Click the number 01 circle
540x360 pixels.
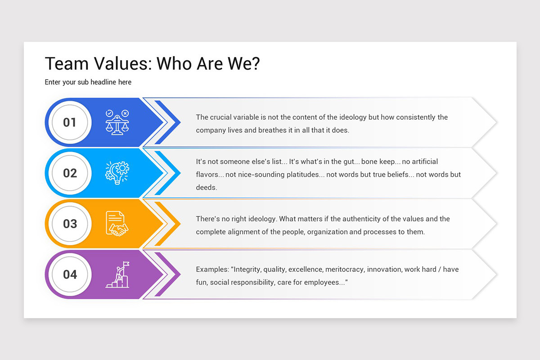coord(70,122)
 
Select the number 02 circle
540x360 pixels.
coord(70,173)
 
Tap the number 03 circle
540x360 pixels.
coord(70,224)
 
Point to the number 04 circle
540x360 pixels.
coord(70,274)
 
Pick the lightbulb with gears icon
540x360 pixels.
coord(117,173)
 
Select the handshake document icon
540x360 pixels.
coord(117,224)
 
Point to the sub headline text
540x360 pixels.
coord(88,82)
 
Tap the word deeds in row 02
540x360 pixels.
coord(207,188)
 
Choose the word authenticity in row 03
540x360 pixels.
coord(363,219)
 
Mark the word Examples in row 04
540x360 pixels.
coord(212,270)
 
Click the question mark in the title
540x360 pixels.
coord(255,64)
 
